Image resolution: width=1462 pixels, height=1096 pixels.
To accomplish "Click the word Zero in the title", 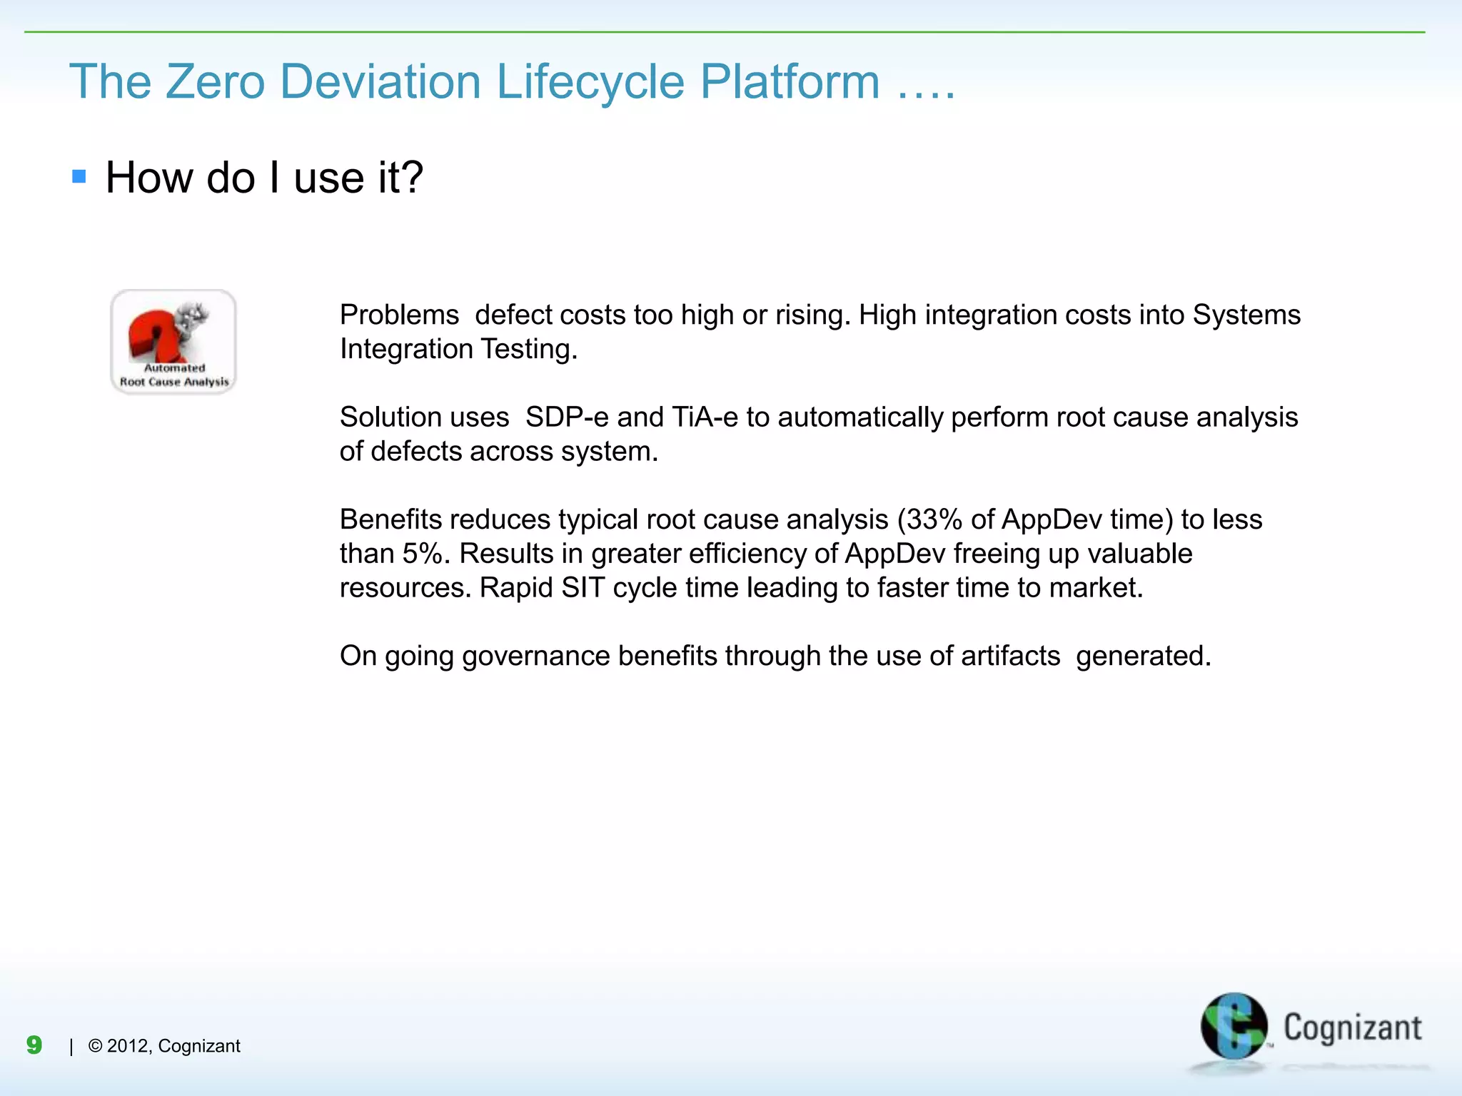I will [x=215, y=81].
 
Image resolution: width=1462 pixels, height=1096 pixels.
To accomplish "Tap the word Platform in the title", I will [x=790, y=81].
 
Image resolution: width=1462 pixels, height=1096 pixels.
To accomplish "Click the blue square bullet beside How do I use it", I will [x=79, y=176].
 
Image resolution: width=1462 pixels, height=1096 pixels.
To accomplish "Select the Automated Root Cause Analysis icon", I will [x=173, y=342].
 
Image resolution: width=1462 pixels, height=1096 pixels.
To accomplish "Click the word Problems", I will [x=399, y=315].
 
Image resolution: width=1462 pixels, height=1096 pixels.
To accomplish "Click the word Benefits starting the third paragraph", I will [x=390, y=519].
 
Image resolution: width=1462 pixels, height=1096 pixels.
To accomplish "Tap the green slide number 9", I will [x=34, y=1045].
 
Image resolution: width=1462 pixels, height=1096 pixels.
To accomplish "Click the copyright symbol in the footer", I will [x=95, y=1046].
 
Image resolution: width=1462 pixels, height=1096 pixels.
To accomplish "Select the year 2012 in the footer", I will [x=128, y=1046].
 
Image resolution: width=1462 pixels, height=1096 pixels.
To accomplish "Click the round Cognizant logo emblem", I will [x=1233, y=1026].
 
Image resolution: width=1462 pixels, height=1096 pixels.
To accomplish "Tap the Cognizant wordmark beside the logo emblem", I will [x=1352, y=1028].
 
